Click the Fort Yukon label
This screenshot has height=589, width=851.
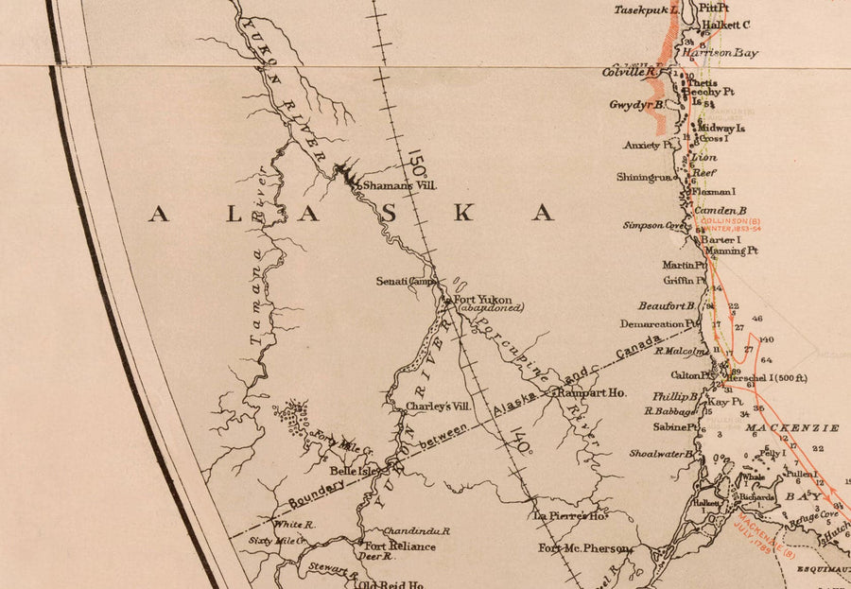(483, 299)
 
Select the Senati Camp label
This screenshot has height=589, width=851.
(403, 281)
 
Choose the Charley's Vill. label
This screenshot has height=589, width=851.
(438, 407)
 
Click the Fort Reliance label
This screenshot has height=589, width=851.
(400, 546)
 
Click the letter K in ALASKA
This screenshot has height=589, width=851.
(462, 214)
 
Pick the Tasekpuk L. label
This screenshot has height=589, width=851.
(648, 9)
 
